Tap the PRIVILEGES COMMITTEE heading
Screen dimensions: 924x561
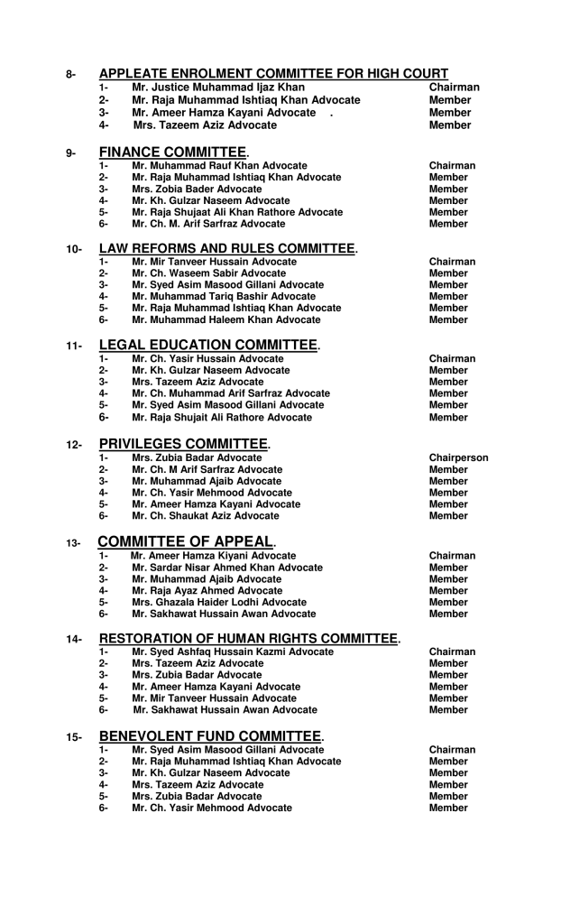coord(184,443)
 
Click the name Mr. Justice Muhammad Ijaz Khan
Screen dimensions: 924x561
coord(218,87)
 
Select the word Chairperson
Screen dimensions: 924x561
coord(459,457)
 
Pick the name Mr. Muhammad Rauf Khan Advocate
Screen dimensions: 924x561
coord(219,166)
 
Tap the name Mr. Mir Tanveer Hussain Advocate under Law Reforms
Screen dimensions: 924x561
coord(214,262)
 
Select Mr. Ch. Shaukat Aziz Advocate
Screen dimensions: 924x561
coord(206,515)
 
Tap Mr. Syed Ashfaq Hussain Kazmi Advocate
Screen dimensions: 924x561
coord(233,651)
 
